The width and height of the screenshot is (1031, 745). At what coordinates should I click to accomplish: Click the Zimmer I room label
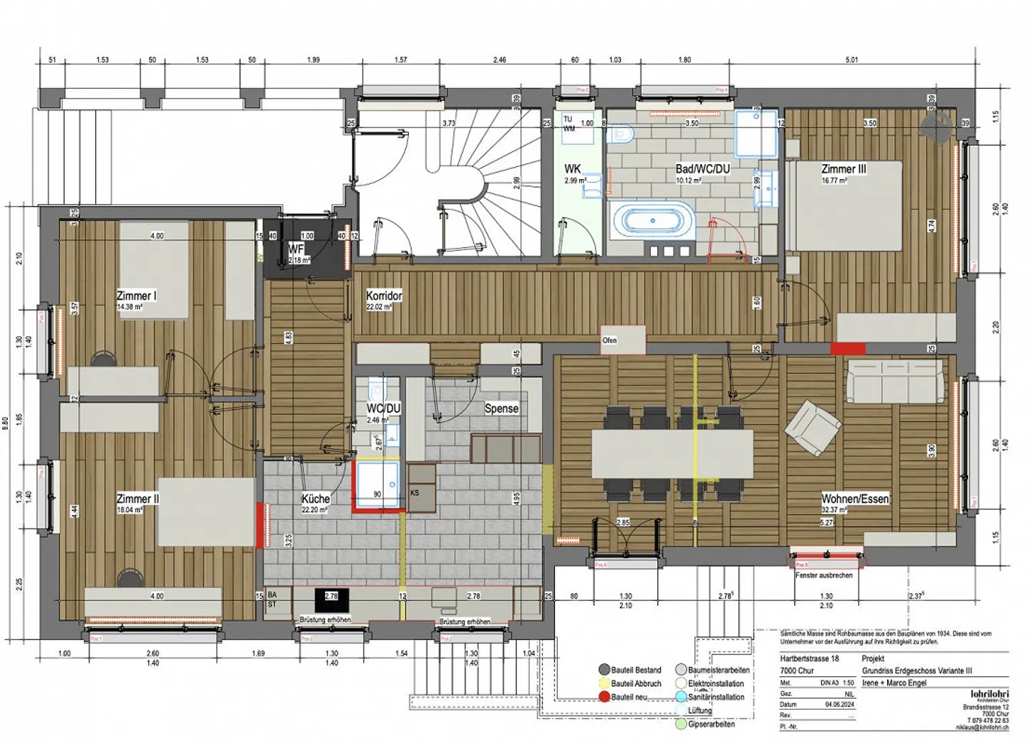tap(136, 296)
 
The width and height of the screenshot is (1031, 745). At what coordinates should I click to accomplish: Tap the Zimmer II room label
tap(137, 499)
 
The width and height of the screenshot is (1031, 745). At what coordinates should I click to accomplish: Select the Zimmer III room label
tap(843, 169)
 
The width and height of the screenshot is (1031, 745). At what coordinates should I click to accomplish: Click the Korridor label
tap(384, 296)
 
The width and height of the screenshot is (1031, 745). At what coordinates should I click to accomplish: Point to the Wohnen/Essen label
tap(855, 499)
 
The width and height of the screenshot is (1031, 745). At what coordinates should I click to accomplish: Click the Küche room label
tap(315, 499)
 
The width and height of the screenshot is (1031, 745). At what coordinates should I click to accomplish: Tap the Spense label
tap(501, 408)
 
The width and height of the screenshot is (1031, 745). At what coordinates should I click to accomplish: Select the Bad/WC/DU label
tap(702, 169)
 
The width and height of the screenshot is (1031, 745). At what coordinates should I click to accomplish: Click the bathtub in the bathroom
tap(652, 221)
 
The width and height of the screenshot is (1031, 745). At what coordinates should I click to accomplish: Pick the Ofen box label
tap(609, 340)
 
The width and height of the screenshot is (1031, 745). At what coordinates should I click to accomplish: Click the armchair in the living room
tap(812, 428)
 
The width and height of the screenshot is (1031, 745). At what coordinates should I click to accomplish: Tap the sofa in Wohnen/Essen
tap(895, 381)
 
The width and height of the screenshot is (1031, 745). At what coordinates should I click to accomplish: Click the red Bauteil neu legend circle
tap(604, 696)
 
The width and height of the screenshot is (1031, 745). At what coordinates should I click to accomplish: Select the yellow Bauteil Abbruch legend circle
tap(604, 683)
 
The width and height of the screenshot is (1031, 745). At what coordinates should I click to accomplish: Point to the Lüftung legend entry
tap(700, 711)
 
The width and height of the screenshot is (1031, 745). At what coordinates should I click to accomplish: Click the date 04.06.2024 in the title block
tap(839, 704)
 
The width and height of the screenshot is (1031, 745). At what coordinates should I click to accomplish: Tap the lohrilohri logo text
tap(989, 693)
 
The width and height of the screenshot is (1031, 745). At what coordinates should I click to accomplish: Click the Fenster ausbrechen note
tap(823, 575)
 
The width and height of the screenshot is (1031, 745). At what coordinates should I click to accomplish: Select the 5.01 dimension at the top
tap(851, 60)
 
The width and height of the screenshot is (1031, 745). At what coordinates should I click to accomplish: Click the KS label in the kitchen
tap(415, 493)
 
